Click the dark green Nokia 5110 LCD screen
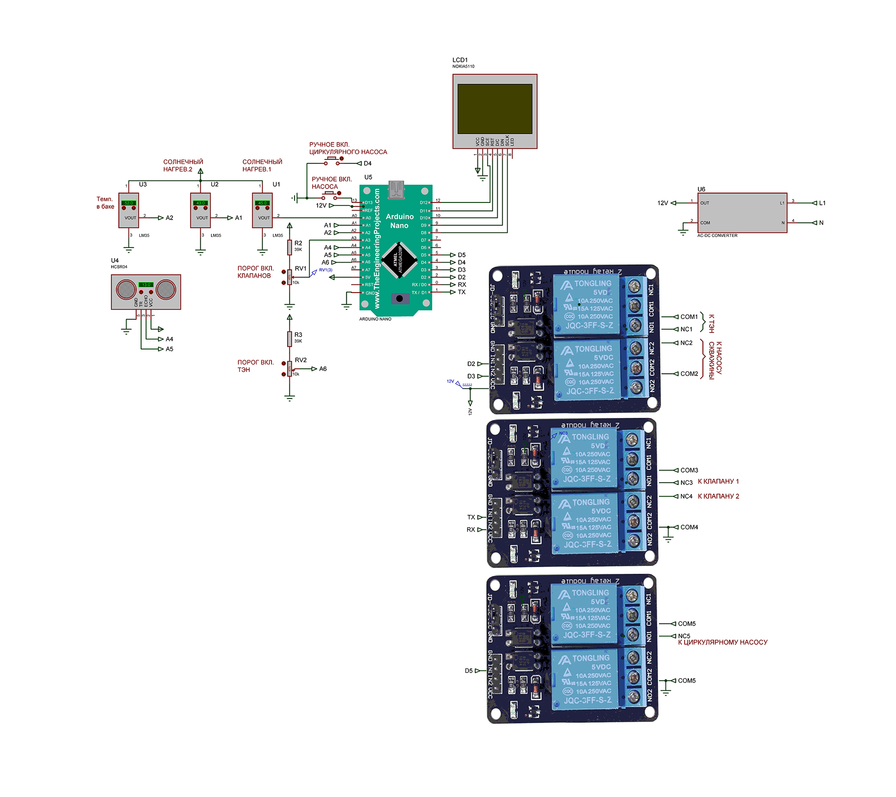click(x=495, y=108)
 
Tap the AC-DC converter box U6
click(x=742, y=213)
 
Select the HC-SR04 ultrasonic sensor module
click(x=146, y=292)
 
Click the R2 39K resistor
click(x=290, y=247)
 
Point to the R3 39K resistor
click(x=290, y=338)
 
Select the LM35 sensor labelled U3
click(x=129, y=210)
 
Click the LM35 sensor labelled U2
click(x=200, y=210)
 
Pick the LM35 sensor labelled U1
click(x=262, y=210)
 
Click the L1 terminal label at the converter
click(x=822, y=203)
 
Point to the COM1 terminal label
click(x=689, y=317)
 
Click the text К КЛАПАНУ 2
click(x=718, y=496)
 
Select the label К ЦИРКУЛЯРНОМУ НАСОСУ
click(x=722, y=642)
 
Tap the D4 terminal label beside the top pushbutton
click(x=367, y=164)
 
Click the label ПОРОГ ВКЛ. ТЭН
click(x=255, y=366)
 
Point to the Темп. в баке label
click(x=105, y=202)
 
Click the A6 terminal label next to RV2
click(x=323, y=369)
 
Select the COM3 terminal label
click(x=689, y=470)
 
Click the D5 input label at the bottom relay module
click(x=469, y=671)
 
